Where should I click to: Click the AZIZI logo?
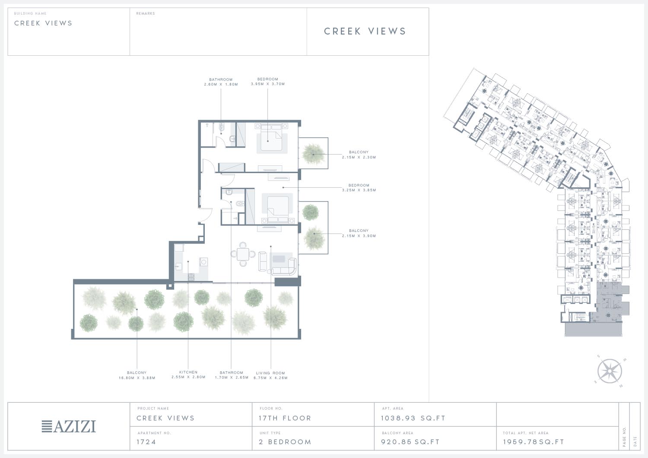[x=69, y=426]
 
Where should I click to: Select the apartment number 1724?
[x=146, y=442]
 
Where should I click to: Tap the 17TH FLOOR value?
[x=285, y=418]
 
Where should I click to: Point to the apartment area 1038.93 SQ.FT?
[x=413, y=418]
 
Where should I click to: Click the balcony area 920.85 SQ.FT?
[x=410, y=442]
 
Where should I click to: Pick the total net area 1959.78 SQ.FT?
[x=534, y=442]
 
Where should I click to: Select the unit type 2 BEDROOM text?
[x=285, y=442]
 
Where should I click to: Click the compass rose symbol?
[x=610, y=371]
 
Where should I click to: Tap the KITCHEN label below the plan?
[x=188, y=372]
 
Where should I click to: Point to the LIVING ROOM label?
[x=270, y=373]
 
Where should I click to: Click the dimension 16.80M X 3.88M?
[x=137, y=378]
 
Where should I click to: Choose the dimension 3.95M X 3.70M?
[x=268, y=84]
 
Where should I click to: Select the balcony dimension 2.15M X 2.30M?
[x=359, y=157]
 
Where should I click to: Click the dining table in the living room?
[x=243, y=254]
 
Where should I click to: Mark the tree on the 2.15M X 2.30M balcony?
[x=313, y=154]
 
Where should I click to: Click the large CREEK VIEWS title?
[x=365, y=31]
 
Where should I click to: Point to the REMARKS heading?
[x=146, y=13]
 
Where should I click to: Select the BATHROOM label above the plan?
[x=221, y=79]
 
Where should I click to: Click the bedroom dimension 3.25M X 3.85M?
[x=359, y=190]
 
